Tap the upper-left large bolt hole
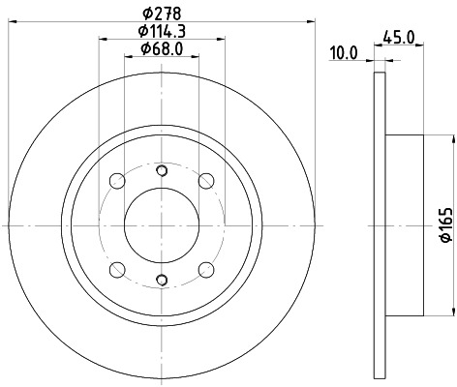117,180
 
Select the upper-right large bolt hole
205,180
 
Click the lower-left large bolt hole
117,268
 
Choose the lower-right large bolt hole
205,268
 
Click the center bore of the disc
161,224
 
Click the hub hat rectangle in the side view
405,224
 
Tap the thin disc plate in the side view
379,224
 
